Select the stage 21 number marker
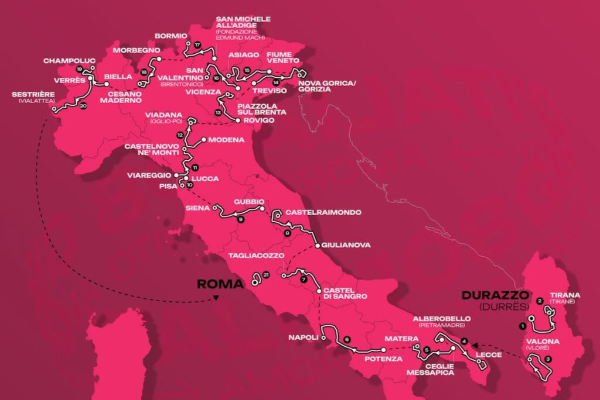(x=266, y=275)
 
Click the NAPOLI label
(x=302, y=337)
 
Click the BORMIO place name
(x=171, y=36)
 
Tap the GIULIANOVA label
(x=346, y=245)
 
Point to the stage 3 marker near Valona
(x=547, y=358)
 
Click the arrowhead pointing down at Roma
(x=216, y=298)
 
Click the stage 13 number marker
(x=218, y=112)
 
